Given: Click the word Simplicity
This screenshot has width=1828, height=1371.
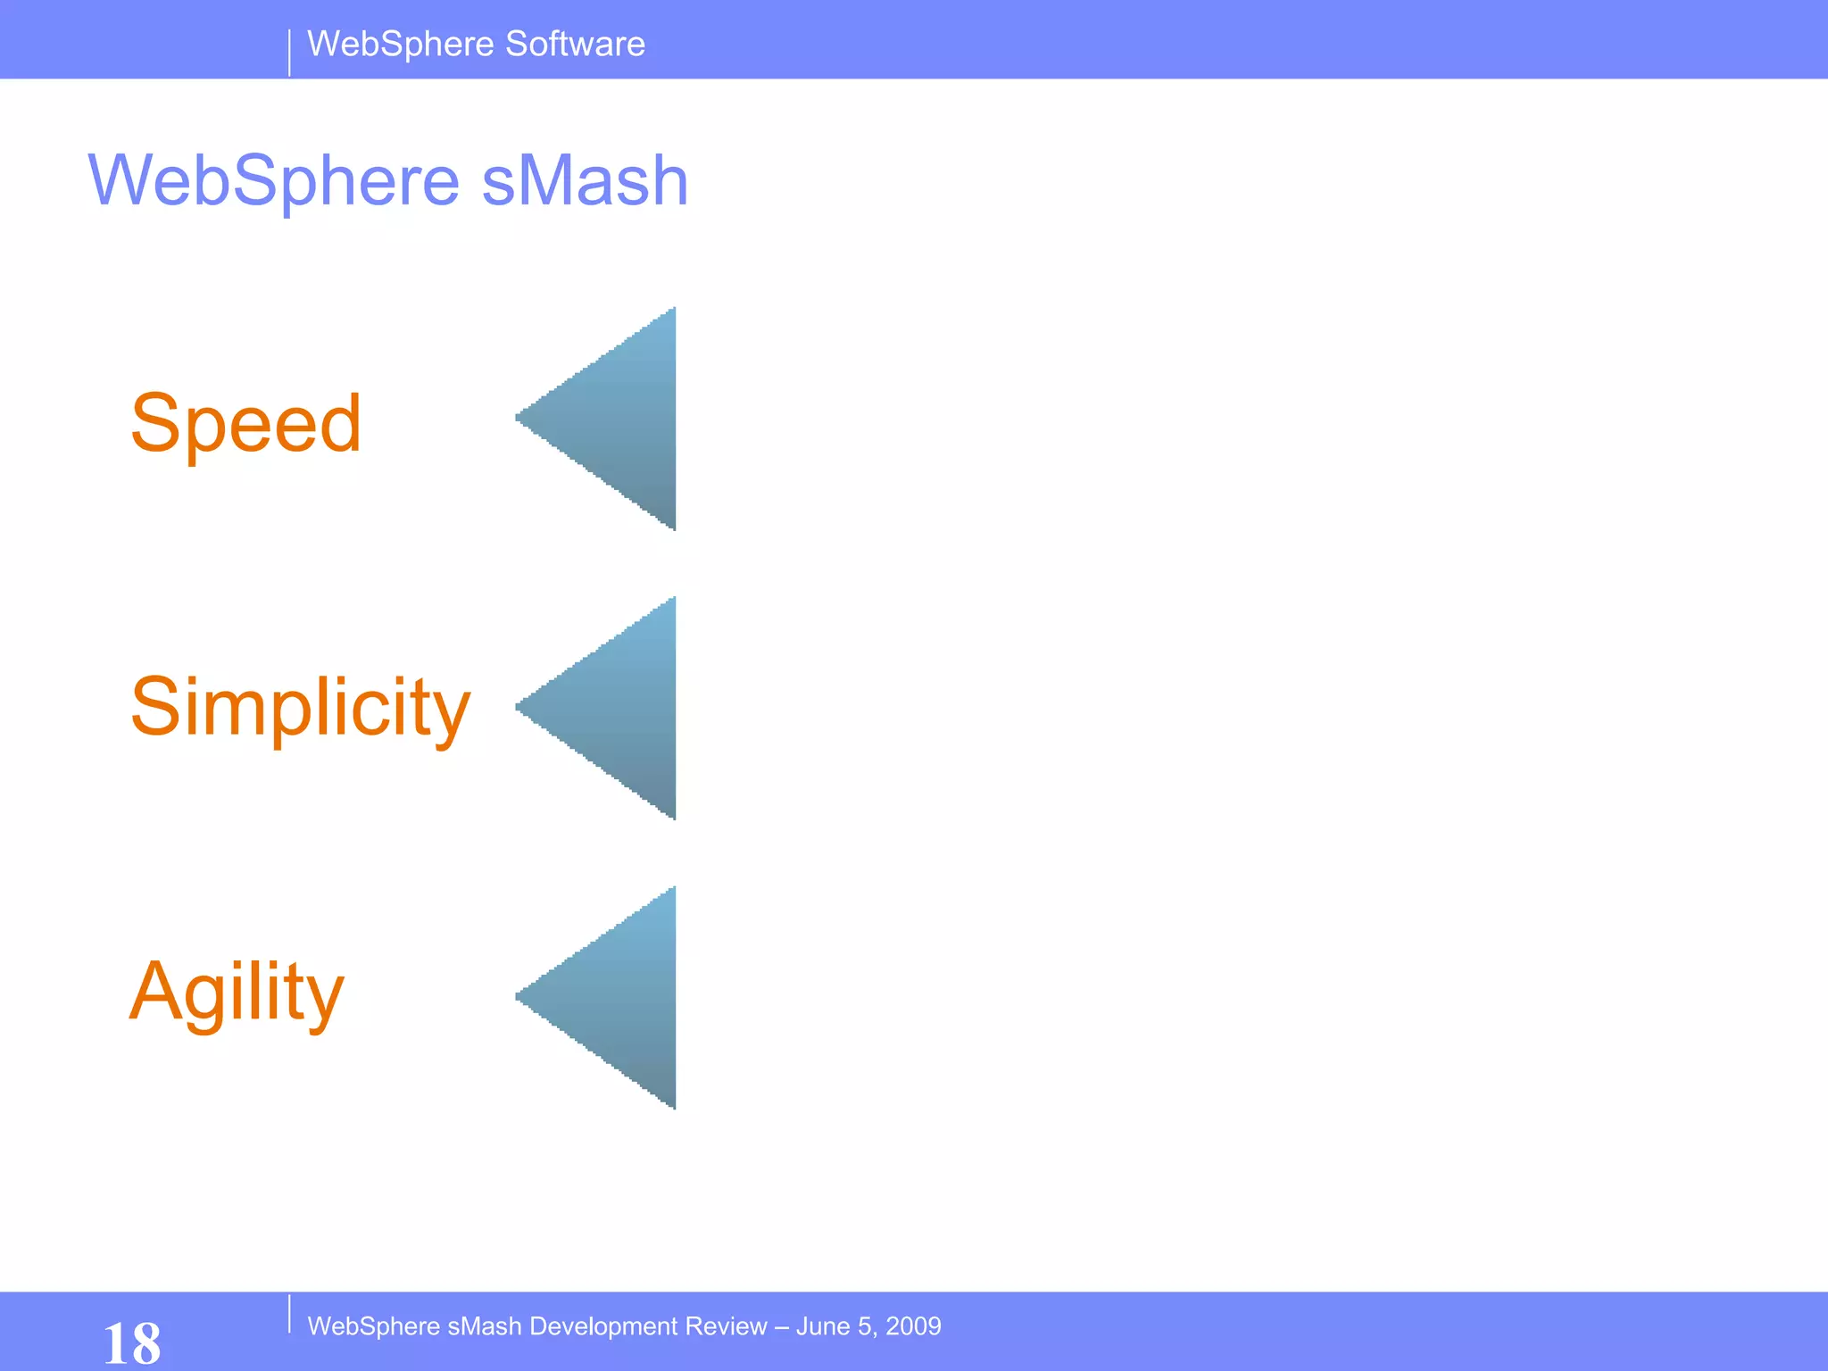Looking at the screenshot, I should click(300, 707).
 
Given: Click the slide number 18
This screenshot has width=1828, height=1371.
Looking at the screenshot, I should click(132, 1342).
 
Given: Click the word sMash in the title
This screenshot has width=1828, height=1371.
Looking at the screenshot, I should click(585, 181).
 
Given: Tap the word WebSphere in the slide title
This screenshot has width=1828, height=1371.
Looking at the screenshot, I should click(274, 181).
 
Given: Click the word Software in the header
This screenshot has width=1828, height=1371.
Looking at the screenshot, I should click(575, 44).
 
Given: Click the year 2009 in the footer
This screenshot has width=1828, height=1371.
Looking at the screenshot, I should click(913, 1326).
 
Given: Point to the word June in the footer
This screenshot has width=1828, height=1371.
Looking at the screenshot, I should click(821, 1326).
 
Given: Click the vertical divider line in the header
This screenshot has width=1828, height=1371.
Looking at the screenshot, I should click(289, 53).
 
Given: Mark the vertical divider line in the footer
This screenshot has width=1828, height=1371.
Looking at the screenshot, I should click(289, 1314).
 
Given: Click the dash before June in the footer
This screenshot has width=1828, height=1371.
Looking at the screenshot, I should click(782, 1326).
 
